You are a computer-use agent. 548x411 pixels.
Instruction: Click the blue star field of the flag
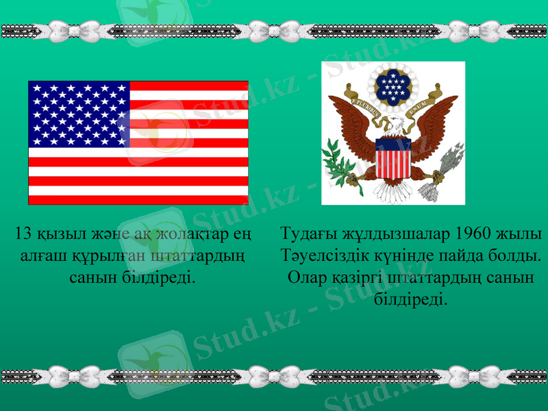point(79,112)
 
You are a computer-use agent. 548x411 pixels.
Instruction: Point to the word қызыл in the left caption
point(57,235)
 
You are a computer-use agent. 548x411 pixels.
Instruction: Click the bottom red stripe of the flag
point(138,200)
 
